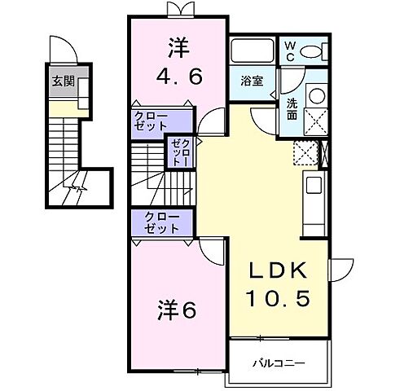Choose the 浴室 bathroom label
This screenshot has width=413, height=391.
251,81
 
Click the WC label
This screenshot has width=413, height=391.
289,51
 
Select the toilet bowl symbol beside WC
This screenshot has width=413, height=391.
312,51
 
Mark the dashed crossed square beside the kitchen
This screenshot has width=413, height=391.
305,152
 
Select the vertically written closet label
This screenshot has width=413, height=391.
180,152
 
